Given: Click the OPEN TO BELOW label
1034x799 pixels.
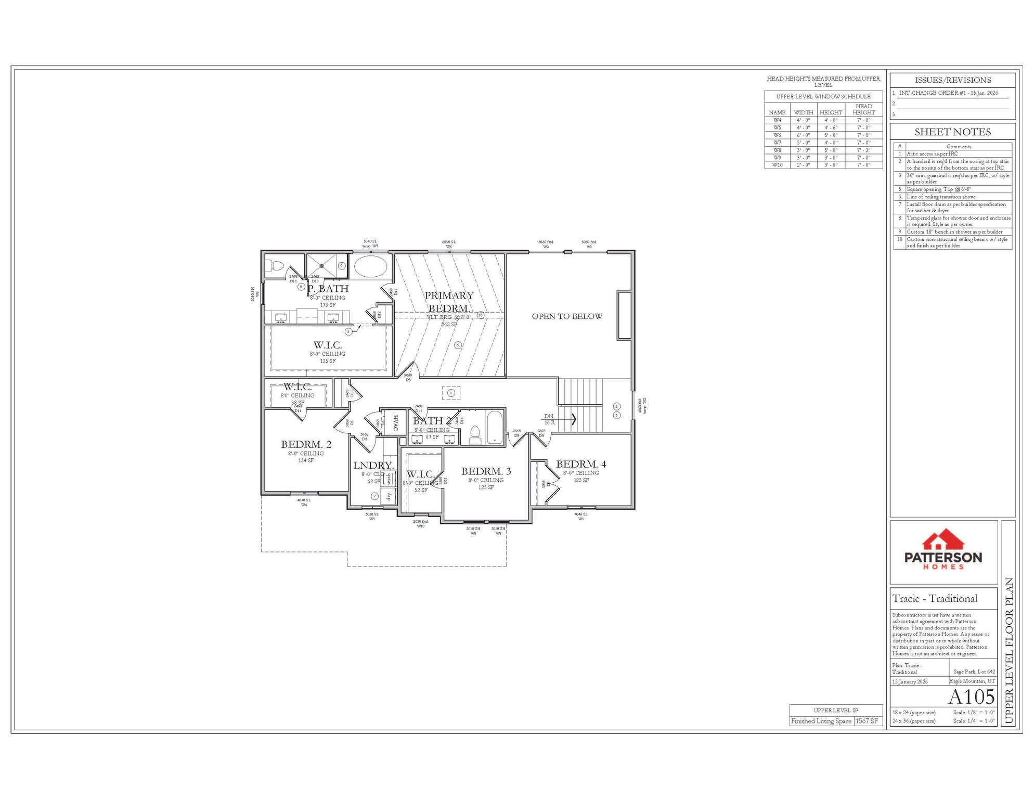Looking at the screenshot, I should [x=567, y=316].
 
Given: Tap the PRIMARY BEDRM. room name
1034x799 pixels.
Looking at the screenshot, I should [x=449, y=302].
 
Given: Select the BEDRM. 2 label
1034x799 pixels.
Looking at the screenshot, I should [x=306, y=444].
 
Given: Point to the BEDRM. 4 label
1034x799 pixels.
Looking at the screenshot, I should [x=581, y=464].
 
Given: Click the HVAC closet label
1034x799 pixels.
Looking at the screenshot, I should [x=395, y=422].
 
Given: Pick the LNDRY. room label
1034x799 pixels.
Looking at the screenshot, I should [x=372, y=466].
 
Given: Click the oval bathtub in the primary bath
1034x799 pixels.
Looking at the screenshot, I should [x=370, y=266].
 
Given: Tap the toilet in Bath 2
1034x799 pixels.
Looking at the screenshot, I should [x=475, y=434].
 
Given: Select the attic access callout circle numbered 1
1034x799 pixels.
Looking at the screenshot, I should [x=451, y=393].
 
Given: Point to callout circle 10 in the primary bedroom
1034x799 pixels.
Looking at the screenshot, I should [x=481, y=315].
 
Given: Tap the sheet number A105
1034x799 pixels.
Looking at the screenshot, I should [x=971, y=697].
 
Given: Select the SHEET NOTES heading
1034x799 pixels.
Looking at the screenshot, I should [x=952, y=132].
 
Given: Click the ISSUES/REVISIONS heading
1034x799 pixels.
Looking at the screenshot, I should [x=953, y=80].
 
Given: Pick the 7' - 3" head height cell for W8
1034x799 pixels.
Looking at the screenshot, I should [x=863, y=150].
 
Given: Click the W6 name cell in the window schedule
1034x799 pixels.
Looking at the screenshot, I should [x=777, y=135].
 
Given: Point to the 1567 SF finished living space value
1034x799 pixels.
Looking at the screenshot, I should [x=867, y=721].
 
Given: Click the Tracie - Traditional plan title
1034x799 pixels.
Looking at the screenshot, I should [x=935, y=599].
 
